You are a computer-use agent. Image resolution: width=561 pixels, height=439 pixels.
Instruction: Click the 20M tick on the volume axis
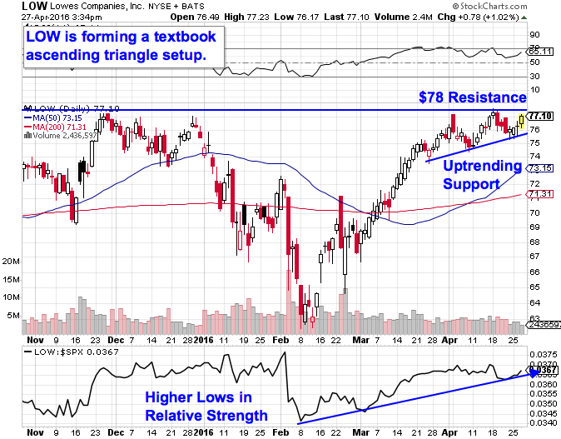[x=11, y=261]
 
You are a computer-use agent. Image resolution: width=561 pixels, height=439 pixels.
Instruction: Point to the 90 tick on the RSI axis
[x=535, y=35]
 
